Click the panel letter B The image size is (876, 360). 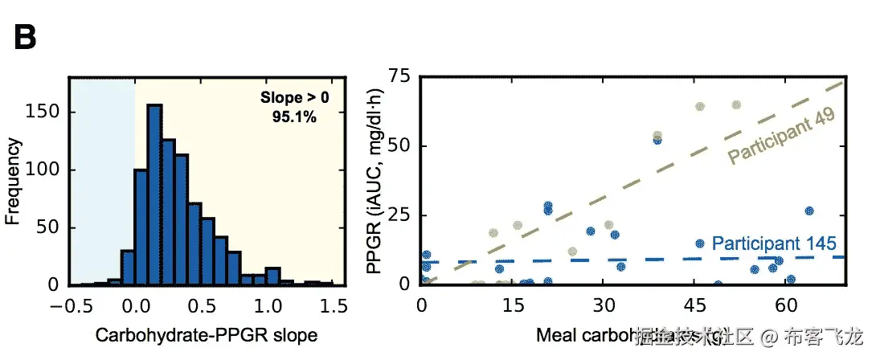(x=30, y=37)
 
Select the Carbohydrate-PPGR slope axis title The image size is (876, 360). (x=207, y=335)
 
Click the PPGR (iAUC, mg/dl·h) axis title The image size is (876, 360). (x=374, y=181)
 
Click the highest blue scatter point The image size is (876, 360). (x=657, y=140)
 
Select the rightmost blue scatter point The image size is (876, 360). (x=809, y=211)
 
